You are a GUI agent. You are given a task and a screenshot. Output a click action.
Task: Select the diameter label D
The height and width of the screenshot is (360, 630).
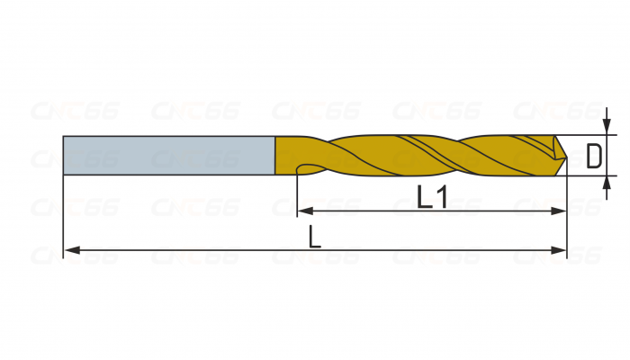tap(593, 157)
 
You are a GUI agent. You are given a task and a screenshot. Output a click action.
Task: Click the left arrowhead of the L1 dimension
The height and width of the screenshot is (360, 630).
tap(302, 211)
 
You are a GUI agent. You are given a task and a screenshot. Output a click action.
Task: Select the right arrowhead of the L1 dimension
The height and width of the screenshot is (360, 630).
tap(561, 211)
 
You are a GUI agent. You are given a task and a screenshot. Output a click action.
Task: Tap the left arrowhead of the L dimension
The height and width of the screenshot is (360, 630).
tap(69, 249)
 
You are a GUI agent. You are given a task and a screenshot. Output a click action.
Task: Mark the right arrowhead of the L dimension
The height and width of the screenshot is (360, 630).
tap(561, 249)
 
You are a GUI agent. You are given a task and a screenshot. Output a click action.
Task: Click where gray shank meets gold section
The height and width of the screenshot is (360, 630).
tap(274, 154)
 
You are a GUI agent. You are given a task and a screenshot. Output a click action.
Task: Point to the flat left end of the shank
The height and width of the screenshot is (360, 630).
tap(64, 154)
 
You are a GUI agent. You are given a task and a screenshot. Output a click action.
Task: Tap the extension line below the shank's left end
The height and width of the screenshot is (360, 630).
tap(63, 216)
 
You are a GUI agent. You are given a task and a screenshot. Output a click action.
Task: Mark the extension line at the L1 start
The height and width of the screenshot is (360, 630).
tap(297, 193)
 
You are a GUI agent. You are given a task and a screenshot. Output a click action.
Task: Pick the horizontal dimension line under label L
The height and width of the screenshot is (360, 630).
tap(225, 249)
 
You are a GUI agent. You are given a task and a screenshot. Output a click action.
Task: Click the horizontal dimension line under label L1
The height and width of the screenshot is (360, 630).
tap(378, 211)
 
